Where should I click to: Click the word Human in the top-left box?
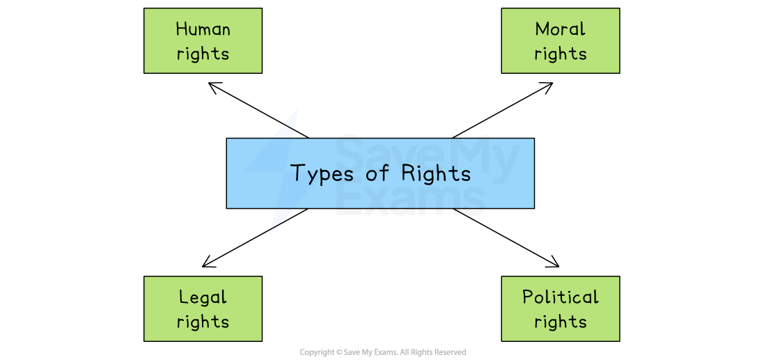pos(203,29)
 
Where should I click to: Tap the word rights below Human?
pos(203,54)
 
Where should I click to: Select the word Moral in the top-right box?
pos(560,29)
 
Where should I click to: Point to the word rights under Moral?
pos(560,54)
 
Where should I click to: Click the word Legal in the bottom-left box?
pos(203,298)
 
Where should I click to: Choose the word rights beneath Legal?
pos(203,322)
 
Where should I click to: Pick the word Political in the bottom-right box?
pos(560,297)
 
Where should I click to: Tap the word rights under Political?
pos(560,322)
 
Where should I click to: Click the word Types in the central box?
pos(322,174)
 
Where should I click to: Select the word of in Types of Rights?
pos(377,173)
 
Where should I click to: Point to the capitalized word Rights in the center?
pos(436,173)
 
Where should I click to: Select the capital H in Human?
pos(182,29)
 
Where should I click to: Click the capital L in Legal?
pos(183,297)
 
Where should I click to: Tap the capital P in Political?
pos(528,297)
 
